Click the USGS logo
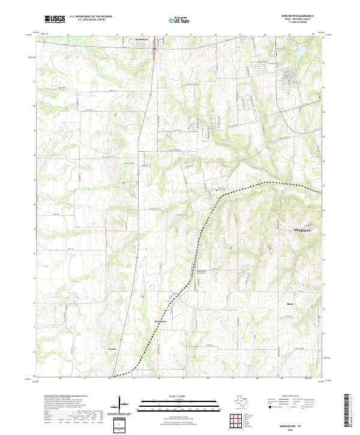(55, 19)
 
